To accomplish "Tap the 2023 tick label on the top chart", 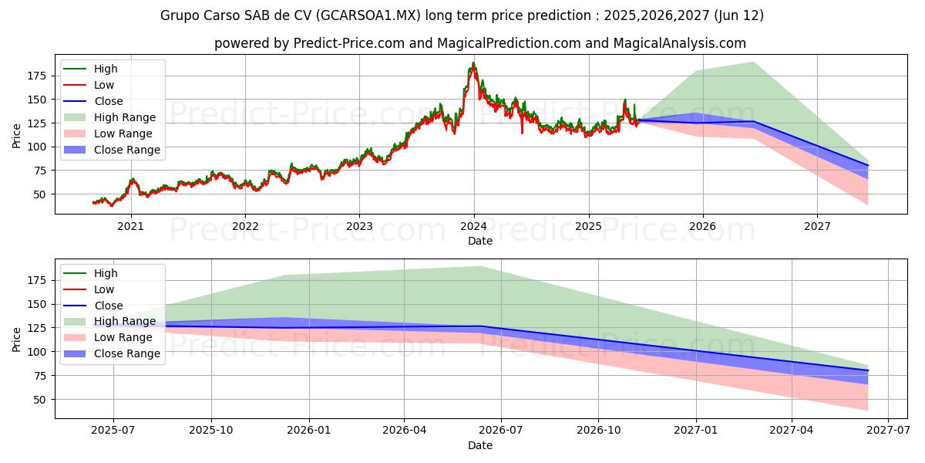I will click(x=359, y=225).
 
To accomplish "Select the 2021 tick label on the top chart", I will click(x=130, y=225).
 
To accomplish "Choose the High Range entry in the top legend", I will click(x=124, y=117).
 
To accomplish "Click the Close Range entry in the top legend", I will click(x=126, y=150).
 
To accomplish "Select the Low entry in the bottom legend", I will click(x=103, y=289).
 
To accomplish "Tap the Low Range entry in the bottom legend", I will click(x=123, y=337).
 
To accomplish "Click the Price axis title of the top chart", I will click(x=17, y=135).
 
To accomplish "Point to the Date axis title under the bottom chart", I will click(x=479, y=445).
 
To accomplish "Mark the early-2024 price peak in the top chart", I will click(x=473, y=63).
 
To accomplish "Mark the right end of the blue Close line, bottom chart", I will click(x=868, y=370).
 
